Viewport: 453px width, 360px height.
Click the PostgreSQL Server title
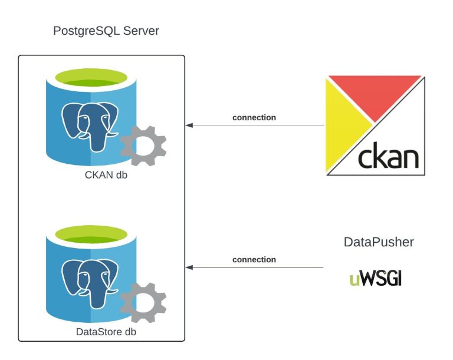(106, 30)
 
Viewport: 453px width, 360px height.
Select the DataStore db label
(107, 332)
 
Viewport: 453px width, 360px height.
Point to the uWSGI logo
(375, 278)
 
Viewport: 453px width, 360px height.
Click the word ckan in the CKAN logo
(388, 157)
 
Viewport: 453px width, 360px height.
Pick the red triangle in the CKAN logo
(377, 94)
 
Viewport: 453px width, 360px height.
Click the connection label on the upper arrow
(254, 117)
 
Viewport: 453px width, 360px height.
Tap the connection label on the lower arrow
(254, 259)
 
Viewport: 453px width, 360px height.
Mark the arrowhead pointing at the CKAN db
(189, 125)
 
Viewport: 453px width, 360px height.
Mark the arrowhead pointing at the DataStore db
(189, 267)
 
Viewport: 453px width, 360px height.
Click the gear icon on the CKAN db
(143, 146)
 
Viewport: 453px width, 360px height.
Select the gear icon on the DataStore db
(143, 303)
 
